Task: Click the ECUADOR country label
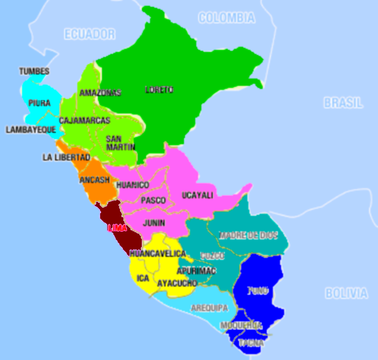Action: coord(90,34)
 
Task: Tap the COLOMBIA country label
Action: coord(226,18)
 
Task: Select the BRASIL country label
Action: coord(343,103)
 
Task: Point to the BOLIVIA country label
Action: coord(346,293)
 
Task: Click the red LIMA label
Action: coord(117,228)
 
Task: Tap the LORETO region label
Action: coord(159,89)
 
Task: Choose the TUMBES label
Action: coord(34,71)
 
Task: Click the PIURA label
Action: coord(39,103)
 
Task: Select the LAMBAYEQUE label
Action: coord(31,129)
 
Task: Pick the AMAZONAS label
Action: coord(100,93)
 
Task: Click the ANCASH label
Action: coord(94,180)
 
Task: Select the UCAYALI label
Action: coord(198,195)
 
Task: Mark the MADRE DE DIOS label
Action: coord(249,235)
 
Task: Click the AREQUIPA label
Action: coord(209,308)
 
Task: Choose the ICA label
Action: coord(143,278)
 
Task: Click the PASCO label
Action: coord(153,201)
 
